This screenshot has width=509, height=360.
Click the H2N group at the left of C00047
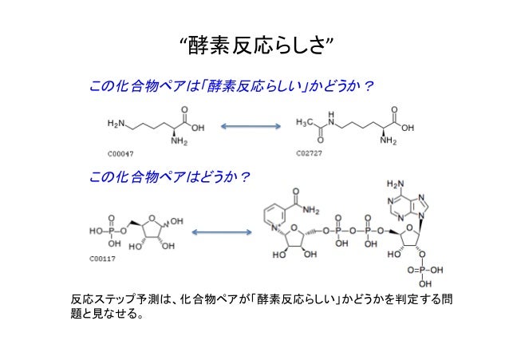coord(116,125)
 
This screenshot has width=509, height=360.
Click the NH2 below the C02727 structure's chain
coord(389,142)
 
